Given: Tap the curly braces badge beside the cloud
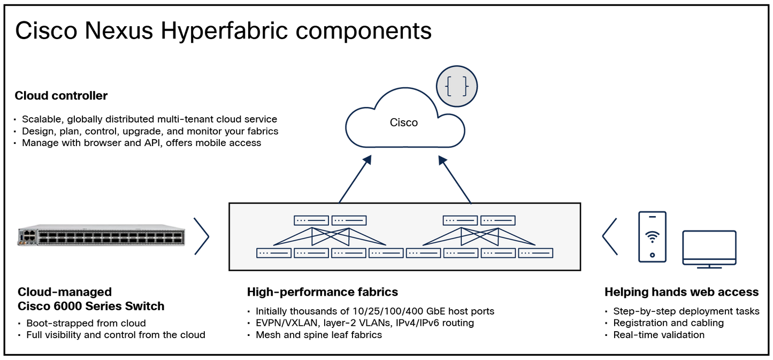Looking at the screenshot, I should tap(456, 86).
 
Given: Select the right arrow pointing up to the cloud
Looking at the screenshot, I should tap(454, 179).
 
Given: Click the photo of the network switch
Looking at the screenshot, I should tap(102, 236).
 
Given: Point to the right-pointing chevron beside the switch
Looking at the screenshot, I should tap(202, 236).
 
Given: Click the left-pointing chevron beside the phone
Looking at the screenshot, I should tap(609, 236).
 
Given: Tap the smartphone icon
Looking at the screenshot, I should tap(652, 236).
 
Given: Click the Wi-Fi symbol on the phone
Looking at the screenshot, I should tap(652, 236).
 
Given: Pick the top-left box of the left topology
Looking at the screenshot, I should tap(311, 220).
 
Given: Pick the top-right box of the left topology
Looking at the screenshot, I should tap(349, 220).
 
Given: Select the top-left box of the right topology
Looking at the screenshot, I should tap(460, 220).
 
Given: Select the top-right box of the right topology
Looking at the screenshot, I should tap(498, 220).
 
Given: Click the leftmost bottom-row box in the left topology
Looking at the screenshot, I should tap(273, 253).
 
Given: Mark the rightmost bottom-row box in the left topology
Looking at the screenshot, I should tap(386, 253).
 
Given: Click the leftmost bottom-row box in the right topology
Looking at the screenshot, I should tap(423, 253).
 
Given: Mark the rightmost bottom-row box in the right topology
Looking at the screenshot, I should tap(535, 253).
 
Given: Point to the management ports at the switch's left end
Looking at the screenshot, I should tap(27, 236).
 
